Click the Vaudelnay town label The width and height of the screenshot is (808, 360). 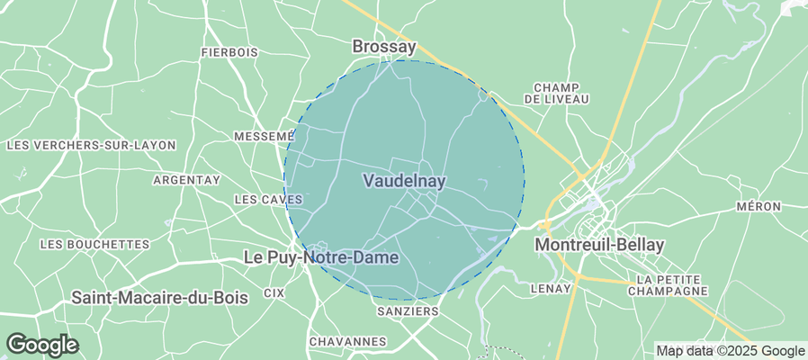(x=404, y=181)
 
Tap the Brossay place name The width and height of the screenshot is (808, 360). (x=384, y=46)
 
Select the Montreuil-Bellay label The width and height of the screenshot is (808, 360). (x=598, y=245)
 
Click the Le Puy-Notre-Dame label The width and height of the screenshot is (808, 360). (x=321, y=257)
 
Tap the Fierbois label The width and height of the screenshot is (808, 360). (x=229, y=53)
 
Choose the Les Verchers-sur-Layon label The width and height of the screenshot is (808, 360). (x=91, y=145)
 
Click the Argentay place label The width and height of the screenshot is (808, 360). (x=186, y=180)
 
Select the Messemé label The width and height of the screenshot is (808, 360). (x=264, y=136)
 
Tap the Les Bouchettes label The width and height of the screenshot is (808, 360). (x=94, y=244)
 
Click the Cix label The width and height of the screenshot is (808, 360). (x=274, y=293)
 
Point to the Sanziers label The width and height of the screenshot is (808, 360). (x=406, y=311)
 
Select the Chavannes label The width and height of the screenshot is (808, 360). (x=347, y=342)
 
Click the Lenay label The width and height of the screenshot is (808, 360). (x=552, y=289)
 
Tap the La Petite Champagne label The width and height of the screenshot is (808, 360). (x=668, y=286)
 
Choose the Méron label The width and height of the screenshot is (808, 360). (x=758, y=207)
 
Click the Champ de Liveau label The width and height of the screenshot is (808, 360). (x=561, y=93)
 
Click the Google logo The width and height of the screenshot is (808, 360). (x=41, y=345)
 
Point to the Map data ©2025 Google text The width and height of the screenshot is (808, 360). (x=730, y=351)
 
